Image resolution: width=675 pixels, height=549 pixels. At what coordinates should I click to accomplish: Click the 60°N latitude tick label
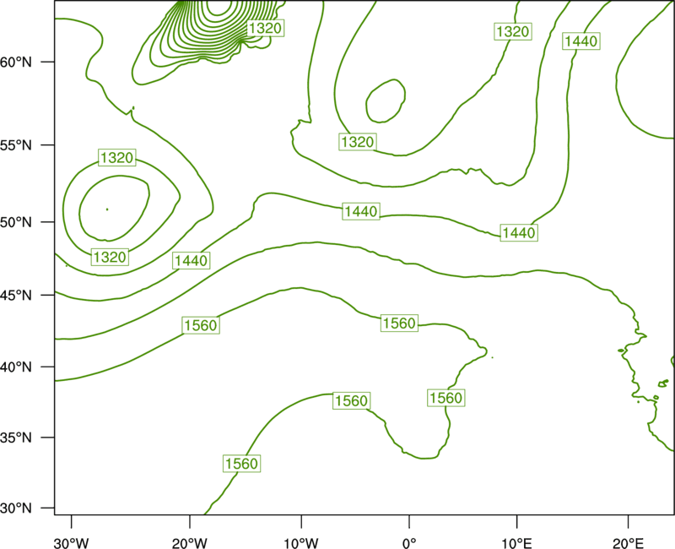(x=16, y=62)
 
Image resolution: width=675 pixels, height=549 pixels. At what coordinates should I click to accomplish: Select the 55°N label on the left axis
(x=16, y=144)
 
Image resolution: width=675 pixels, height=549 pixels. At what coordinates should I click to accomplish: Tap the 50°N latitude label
(x=16, y=222)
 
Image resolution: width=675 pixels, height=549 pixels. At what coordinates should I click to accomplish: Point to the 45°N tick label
(x=16, y=295)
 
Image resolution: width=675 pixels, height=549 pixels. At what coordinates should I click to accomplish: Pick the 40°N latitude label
(x=16, y=367)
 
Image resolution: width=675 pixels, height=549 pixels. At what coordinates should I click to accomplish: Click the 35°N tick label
(x=16, y=438)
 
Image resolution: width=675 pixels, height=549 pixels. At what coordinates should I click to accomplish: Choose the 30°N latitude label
(x=16, y=508)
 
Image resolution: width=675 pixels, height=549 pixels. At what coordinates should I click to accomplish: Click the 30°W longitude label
(x=72, y=543)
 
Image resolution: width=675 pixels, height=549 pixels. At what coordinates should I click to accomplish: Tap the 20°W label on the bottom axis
(x=189, y=543)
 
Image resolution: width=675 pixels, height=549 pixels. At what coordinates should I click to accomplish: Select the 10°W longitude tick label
(x=300, y=543)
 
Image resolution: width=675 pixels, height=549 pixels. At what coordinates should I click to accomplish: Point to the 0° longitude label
(x=409, y=543)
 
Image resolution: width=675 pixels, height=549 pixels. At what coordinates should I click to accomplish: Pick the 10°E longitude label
(x=516, y=543)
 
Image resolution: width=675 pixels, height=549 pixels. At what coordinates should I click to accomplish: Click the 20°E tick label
(x=628, y=543)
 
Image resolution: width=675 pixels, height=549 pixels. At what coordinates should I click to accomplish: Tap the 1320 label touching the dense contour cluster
(x=265, y=29)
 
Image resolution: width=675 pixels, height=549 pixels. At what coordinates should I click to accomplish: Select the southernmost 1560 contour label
(x=241, y=464)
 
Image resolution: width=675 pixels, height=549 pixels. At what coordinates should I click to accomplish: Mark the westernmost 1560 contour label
(x=201, y=325)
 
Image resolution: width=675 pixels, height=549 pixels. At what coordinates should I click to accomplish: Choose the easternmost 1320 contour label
(x=512, y=31)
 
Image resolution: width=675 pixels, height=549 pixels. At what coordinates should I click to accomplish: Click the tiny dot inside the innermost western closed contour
(x=107, y=209)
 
